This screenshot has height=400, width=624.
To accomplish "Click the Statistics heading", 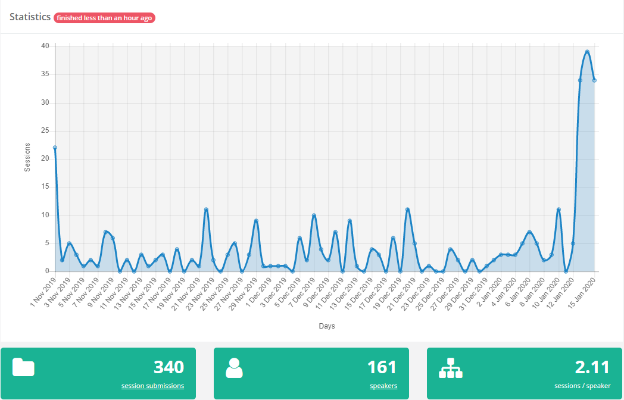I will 30,17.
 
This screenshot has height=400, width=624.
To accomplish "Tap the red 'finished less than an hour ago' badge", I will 104,18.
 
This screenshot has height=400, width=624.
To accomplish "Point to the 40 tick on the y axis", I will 45,46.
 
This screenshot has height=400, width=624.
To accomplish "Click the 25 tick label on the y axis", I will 45,131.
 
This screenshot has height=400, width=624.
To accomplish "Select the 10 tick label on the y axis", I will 45,215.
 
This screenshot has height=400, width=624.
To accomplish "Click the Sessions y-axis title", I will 27,158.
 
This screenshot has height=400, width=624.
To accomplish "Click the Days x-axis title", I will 326,326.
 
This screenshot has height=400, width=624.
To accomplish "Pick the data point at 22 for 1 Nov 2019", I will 55,148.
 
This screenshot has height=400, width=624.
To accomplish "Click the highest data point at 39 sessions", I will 587,52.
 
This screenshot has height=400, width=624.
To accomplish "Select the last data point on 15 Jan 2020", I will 594,80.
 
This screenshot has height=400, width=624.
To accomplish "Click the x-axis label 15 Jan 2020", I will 584,293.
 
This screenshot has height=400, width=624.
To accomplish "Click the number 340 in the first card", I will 169,367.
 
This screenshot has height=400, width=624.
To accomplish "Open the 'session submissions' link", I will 152,386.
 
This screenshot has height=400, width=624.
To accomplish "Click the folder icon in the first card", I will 23,368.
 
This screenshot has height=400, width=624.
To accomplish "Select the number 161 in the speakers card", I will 382,367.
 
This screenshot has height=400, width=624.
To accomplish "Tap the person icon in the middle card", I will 234,368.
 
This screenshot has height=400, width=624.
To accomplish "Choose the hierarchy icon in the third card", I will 450,368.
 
